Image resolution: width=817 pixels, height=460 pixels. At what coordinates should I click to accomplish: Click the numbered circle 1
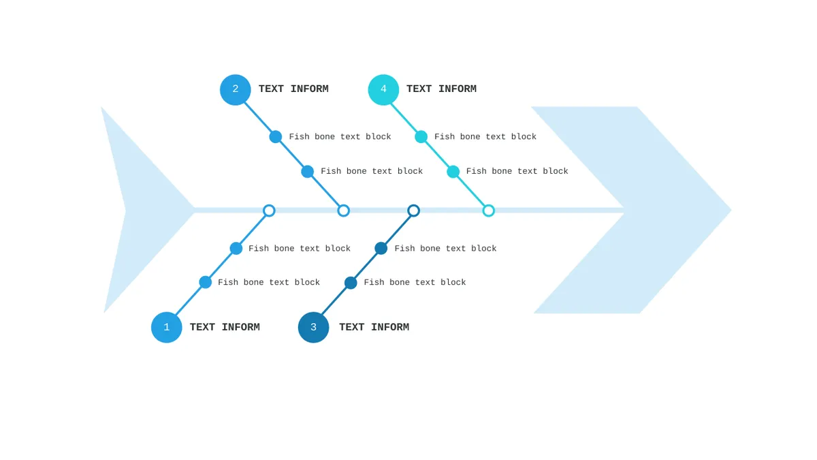(x=166, y=327)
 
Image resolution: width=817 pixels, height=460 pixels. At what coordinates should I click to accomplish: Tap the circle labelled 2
(x=236, y=90)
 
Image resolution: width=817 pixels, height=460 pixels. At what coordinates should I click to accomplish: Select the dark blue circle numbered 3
(x=313, y=327)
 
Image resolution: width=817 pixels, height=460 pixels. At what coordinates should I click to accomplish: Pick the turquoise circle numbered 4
(x=383, y=90)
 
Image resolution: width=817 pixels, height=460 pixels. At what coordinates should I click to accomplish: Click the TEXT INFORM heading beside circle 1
(x=225, y=327)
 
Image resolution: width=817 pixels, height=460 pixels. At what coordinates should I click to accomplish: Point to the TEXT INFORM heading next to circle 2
(x=293, y=89)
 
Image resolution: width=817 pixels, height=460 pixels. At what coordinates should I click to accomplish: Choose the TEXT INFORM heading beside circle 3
(x=374, y=327)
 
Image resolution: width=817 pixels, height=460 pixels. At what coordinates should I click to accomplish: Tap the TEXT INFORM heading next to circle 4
(x=441, y=89)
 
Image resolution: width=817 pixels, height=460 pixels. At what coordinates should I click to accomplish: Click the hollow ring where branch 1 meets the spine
(x=269, y=206)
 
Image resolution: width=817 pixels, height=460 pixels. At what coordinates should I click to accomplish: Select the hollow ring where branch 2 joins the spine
(x=343, y=206)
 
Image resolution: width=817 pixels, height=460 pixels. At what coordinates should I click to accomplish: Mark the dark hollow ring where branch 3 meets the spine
(x=413, y=206)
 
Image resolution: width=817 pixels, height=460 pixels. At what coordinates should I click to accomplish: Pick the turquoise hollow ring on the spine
(x=488, y=206)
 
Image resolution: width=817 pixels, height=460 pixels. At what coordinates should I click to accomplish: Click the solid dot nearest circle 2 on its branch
(x=275, y=137)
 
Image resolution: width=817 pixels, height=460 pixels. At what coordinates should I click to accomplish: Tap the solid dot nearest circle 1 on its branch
(x=206, y=282)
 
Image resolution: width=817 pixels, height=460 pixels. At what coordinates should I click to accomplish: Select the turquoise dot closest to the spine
(x=453, y=172)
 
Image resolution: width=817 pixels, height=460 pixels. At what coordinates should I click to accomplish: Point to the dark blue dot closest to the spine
(x=381, y=248)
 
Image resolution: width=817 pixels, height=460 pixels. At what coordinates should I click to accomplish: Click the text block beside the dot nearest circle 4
(x=485, y=137)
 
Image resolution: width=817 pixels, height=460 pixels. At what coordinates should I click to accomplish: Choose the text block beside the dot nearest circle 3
(x=415, y=283)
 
